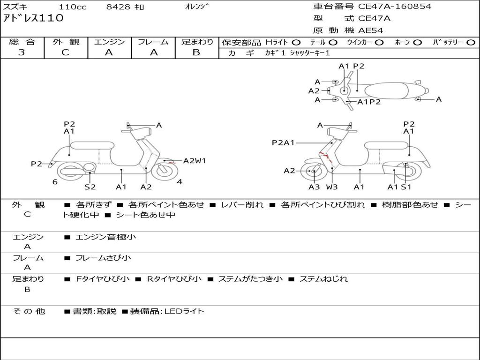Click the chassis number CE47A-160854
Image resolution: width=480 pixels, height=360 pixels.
coord(395,7)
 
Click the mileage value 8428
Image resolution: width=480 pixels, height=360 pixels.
coord(118,7)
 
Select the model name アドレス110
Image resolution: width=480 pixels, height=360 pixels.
coord(33,18)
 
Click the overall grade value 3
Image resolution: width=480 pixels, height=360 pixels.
coord(22,52)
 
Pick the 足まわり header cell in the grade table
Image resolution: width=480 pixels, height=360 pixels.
coord(197,42)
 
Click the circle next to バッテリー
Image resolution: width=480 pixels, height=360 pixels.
coord(471,43)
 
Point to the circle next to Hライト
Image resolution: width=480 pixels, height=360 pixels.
coord(296,43)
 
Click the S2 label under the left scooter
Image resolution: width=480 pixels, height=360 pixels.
coord(90,187)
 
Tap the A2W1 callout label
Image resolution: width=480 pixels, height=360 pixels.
coord(195,161)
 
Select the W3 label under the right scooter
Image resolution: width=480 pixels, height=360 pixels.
coord(331,187)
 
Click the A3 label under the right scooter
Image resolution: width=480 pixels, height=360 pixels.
coord(314,187)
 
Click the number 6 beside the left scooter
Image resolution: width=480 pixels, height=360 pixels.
coord(55,182)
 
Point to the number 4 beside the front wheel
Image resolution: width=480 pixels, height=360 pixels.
coord(180,182)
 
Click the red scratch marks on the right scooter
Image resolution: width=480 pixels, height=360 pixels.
coord(326,156)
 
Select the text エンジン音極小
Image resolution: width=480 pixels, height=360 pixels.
coord(105,237)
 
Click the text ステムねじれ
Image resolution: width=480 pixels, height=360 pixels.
coord(323,279)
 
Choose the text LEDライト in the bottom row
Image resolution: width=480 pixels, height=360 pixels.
coord(184,311)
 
